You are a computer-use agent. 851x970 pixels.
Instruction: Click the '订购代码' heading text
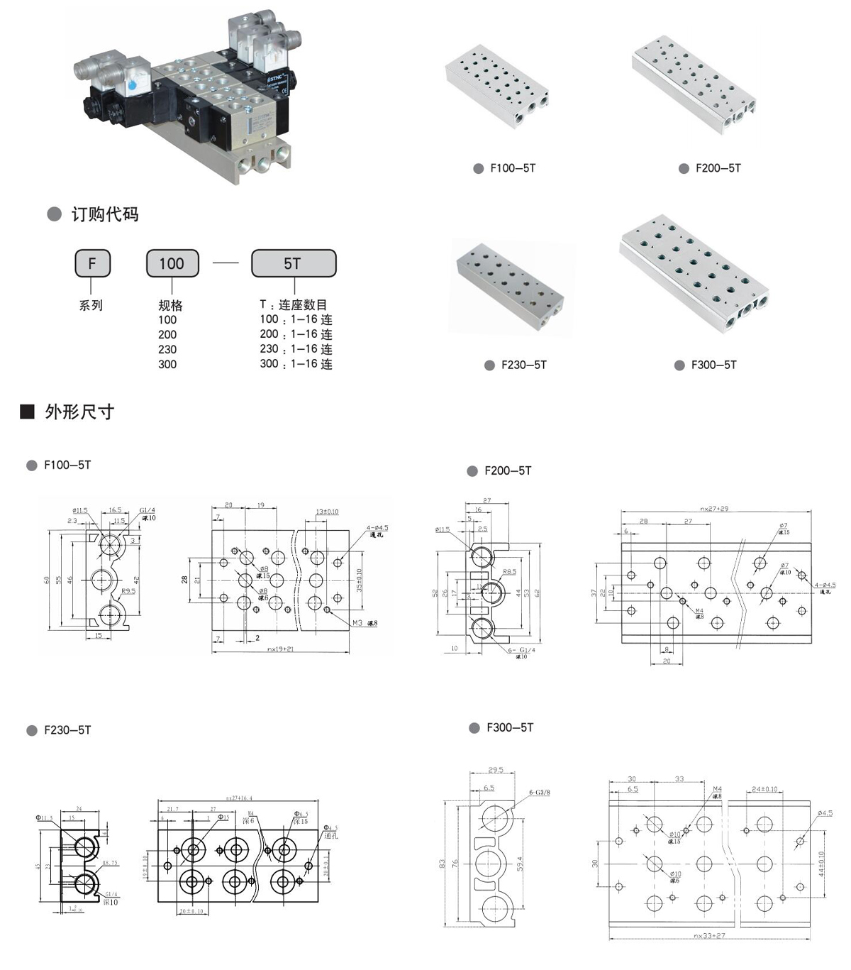(x=104, y=214)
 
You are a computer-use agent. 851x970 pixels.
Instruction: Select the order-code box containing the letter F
(x=91, y=264)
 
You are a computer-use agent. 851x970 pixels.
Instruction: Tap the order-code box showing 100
(x=172, y=264)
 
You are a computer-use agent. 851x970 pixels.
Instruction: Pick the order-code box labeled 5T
(x=293, y=264)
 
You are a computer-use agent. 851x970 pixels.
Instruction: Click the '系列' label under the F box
(x=91, y=305)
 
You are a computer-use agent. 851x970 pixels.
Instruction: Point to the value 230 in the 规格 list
(x=167, y=349)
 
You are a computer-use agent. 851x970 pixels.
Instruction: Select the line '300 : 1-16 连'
(x=296, y=364)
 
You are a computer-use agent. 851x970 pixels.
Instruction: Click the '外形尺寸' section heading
(x=79, y=412)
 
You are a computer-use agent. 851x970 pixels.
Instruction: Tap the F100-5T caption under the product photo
(x=513, y=168)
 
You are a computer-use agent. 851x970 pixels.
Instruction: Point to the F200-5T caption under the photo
(x=718, y=168)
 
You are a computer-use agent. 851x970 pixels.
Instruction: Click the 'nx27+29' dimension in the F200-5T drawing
(x=714, y=508)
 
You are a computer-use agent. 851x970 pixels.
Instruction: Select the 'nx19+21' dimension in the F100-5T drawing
(x=280, y=649)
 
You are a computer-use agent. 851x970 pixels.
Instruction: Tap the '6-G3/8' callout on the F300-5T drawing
(x=540, y=792)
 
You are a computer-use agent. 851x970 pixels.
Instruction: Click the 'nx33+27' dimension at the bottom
(x=708, y=936)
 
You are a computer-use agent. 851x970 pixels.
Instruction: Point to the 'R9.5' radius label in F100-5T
(x=128, y=590)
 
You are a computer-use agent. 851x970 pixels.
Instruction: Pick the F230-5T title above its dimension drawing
(x=67, y=730)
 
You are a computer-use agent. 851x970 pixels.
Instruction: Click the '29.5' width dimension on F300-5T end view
(x=496, y=770)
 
